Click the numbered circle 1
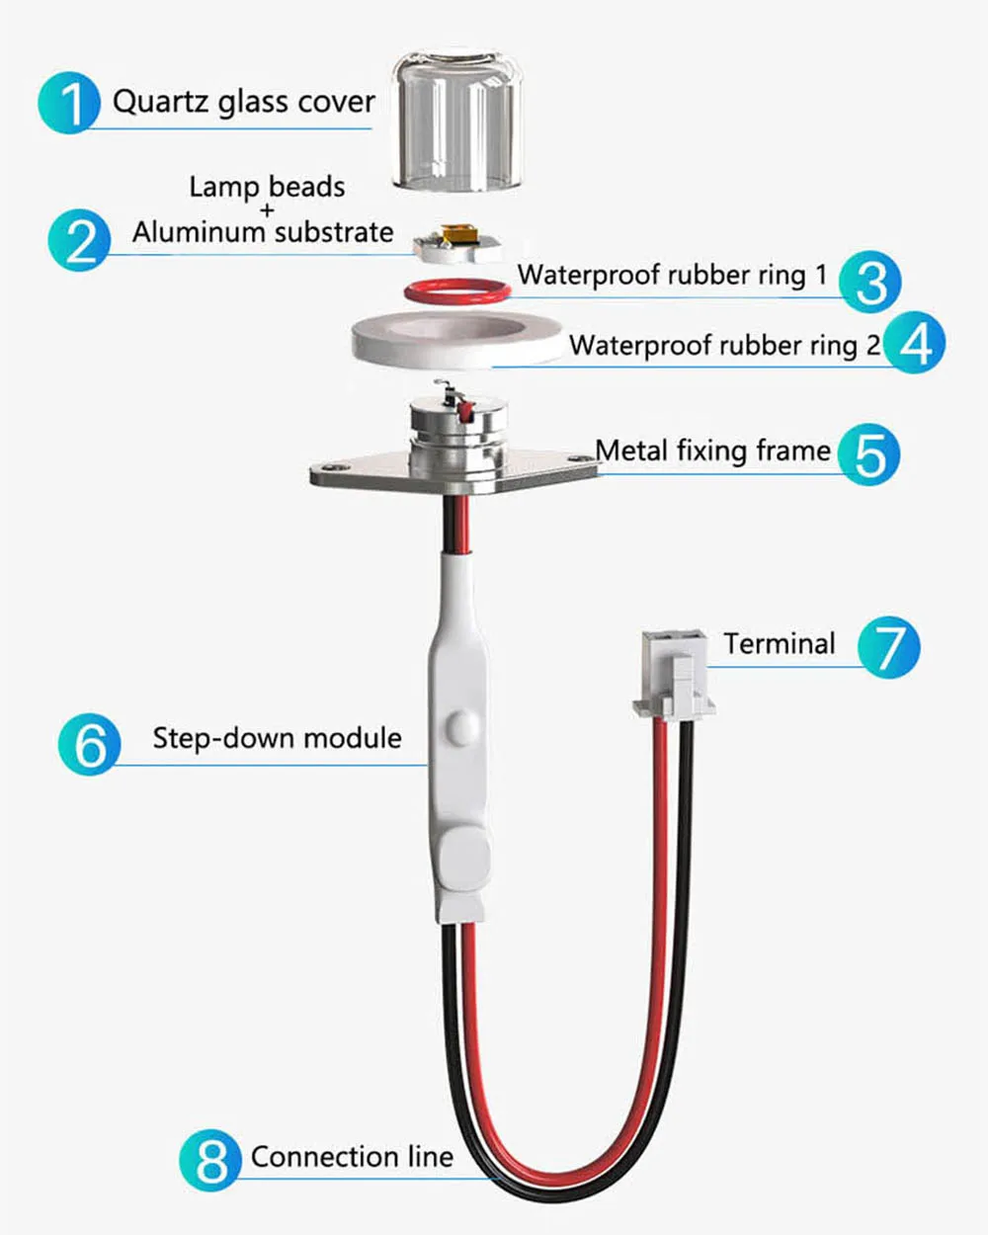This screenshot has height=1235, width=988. tap(69, 102)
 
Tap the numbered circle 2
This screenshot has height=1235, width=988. tap(80, 240)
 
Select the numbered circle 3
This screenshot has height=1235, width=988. tap(870, 282)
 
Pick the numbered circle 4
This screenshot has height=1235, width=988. tap(915, 344)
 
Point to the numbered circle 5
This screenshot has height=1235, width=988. tap(868, 454)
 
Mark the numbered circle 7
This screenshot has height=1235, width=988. tap(888, 647)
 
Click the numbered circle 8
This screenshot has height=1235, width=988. tap(210, 1160)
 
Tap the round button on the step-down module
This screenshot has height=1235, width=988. tap(457, 726)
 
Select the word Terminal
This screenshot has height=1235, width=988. tap(779, 644)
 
